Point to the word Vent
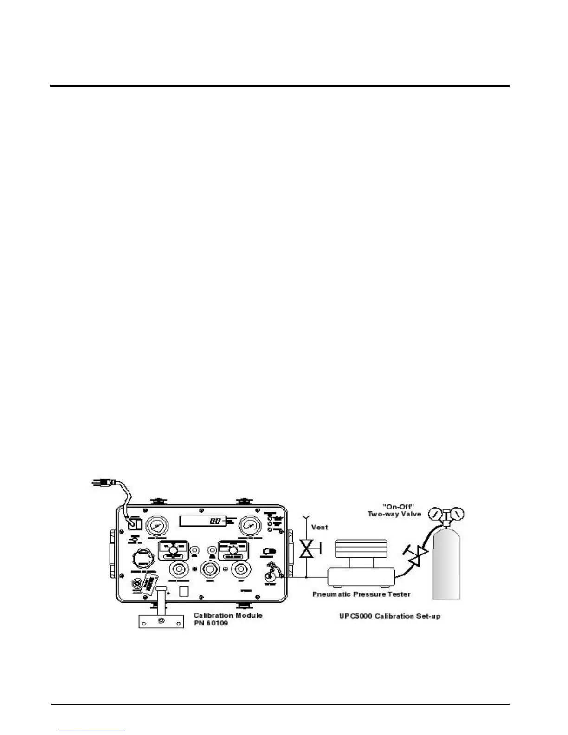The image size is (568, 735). tap(319, 527)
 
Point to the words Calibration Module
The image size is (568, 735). tap(228, 615)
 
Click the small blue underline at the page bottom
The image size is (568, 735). tap(92, 731)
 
